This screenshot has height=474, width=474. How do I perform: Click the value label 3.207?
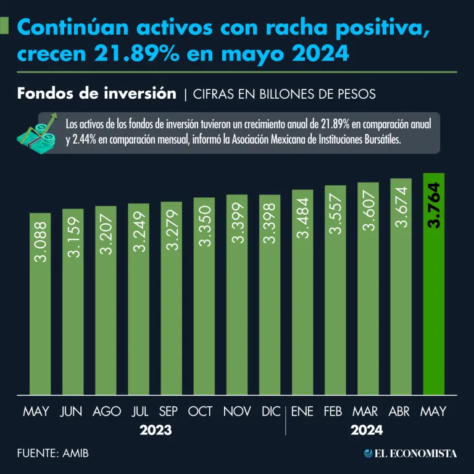106,234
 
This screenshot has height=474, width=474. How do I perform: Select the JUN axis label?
72,411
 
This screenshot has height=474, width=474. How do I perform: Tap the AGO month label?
106,411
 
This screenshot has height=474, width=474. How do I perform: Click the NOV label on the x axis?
237,411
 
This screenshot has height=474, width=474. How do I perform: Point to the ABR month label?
401,411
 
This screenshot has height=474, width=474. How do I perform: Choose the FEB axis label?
335,411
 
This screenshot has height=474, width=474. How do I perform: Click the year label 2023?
156,430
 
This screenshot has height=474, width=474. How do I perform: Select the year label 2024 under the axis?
367,430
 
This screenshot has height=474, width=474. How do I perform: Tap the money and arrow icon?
38,133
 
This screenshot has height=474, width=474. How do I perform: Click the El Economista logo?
410,454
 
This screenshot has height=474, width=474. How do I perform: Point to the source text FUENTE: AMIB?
53,454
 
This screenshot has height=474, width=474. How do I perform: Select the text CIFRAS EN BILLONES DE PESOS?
285,94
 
